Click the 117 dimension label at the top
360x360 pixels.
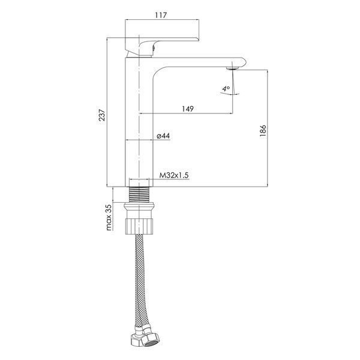click(x=161, y=15)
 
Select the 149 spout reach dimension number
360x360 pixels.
click(x=188, y=109)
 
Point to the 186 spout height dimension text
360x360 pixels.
click(x=263, y=131)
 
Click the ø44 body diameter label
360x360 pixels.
click(x=163, y=136)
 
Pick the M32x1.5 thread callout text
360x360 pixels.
click(x=174, y=175)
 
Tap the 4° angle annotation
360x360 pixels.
click(x=226, y=88)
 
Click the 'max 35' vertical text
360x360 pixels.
click(x=109, y=217)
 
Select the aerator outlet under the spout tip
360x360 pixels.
click(x=233, y=68)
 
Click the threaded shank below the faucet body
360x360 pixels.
click(x=139, y=194)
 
